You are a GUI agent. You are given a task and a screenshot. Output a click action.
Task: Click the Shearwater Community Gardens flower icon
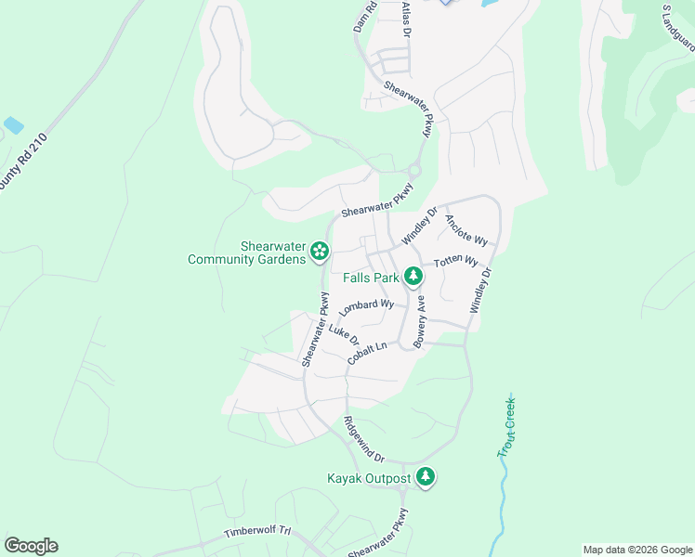tap(319, 250)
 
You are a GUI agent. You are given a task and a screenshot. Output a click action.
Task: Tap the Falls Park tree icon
tap(413, 277)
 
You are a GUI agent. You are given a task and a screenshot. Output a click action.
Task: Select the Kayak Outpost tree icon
tap(426, 477)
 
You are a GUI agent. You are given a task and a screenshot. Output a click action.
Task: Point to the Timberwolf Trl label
tap(258, 534)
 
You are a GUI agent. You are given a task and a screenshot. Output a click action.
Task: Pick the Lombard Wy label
tap(367, 306)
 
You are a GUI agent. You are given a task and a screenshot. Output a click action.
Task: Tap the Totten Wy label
tap(457, 263)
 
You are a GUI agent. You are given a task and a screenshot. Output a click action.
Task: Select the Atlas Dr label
tap(405, 19)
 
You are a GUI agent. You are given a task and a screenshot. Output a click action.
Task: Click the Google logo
tap(31, 546)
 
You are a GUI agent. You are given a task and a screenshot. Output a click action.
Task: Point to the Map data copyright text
tap(636, 550)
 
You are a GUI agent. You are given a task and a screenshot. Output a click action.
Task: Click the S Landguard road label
tap(679, 28)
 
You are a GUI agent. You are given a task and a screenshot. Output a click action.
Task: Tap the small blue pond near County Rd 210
tap(13, 124)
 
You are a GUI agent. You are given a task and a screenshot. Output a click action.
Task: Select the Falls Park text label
tap(371, 278)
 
